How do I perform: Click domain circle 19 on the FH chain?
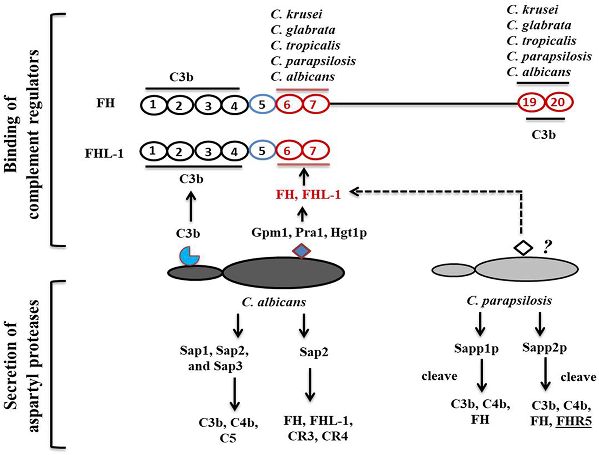tap(530, 103)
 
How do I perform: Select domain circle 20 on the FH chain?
tap(558, 103)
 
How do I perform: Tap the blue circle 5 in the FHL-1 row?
tap(262, 151)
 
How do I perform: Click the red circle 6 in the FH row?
tap(288, 105)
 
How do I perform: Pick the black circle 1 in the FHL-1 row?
tap(153, 151)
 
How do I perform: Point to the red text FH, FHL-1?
tap(308, 194)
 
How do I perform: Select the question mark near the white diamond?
tap(547, 247)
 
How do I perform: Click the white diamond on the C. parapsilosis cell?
tap(523, 247)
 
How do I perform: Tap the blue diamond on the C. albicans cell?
tap(301, 251)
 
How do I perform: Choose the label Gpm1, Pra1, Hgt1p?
tap(309, 233)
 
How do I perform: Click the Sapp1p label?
tap(476, 348)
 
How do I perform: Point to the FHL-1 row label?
tap(104, 153)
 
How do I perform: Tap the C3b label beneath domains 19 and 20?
tap(543, 135)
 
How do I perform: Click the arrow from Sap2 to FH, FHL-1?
tap(310, 384)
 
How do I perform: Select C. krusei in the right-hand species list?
tap(532, 9)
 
